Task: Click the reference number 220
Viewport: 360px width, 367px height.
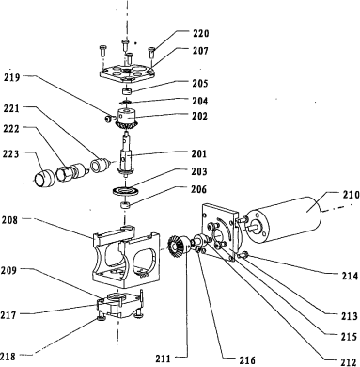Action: pos(200,33)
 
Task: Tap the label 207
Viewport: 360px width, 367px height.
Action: pos(200,50)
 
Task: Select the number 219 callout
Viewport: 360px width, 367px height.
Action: pos(12,77)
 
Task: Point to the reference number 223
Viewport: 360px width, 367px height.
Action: pos(11,153)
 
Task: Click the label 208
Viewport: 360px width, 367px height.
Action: pos(10,220)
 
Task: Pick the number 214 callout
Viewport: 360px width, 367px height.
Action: pos(350,276)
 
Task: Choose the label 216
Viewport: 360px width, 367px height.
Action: pos(247,360)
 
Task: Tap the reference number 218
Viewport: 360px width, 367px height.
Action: pos(8,357)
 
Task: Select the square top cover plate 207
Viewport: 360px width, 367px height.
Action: pos(126,73)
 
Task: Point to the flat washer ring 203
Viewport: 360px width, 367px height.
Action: pos(125,191)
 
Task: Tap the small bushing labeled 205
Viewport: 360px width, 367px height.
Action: pos(126,91)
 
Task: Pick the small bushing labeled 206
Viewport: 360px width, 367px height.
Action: pos(125,205)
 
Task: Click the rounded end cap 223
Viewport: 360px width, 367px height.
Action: pos(44,179)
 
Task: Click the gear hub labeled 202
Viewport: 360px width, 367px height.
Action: pos(127,119)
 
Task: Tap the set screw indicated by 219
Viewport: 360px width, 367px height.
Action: pos(108,118)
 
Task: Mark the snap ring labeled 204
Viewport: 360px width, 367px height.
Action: pos(125,102)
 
